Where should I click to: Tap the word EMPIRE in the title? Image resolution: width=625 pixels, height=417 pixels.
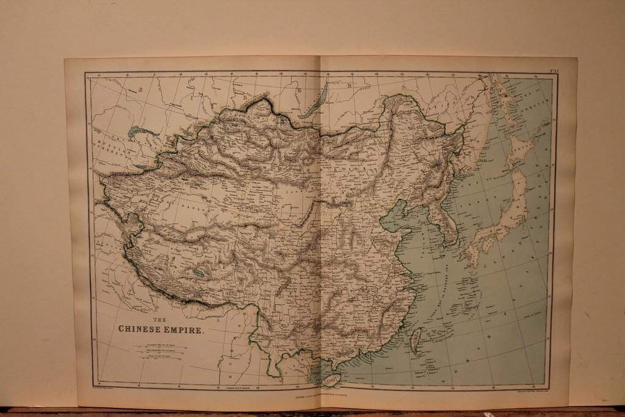click(x=184, y=329)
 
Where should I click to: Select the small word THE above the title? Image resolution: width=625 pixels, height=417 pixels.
click(x=159, y=320)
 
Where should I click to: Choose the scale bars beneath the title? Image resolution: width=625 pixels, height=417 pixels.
click(x=156, y=352)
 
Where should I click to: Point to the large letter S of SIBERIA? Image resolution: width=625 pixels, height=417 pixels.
click(x=140, y=90)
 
